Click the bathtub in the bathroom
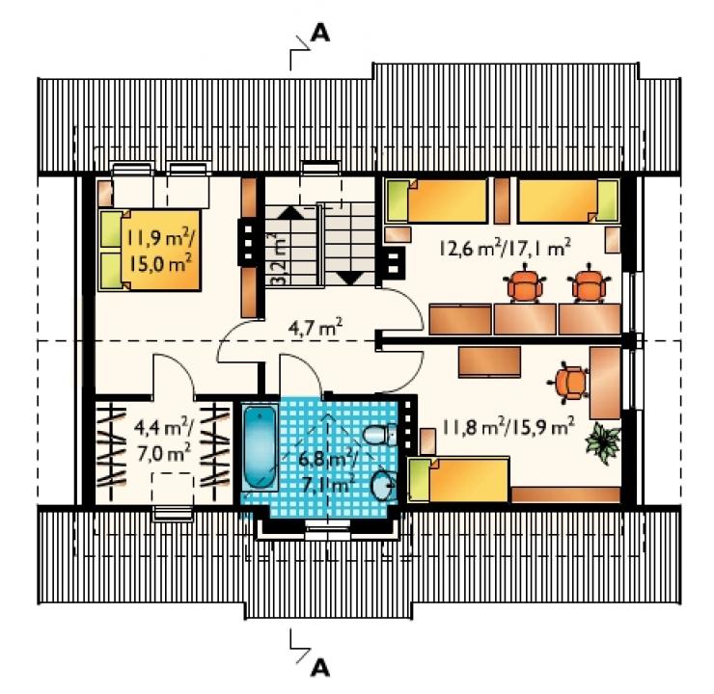260,448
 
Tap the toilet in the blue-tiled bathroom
381,435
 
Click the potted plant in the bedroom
602,442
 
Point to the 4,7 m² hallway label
316,327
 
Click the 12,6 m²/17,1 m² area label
505,248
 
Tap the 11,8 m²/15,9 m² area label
508,426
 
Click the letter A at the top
320,33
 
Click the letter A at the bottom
320,668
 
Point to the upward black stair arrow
290,213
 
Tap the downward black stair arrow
349,278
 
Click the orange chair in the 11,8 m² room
568,380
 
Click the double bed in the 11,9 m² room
150,250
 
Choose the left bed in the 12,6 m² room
437,201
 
